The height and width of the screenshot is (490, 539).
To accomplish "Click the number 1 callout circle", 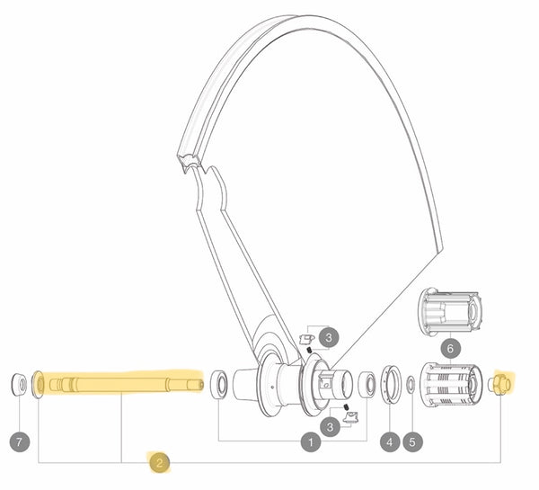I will (x=312, y=441).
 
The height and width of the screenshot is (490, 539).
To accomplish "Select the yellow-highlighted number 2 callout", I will (x=159, y=463).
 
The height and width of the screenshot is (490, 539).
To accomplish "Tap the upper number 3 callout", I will (x=330, y=338).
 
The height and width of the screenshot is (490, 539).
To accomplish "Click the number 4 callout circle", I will (x=389, y=441).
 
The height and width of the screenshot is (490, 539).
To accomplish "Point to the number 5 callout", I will (x=412, y=441).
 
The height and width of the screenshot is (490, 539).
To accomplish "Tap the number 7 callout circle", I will (x=20, y=441).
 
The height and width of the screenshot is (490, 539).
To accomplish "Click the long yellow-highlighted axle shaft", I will (x=121, y=385).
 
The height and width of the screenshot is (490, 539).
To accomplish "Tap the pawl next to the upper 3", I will (x=304, y=339).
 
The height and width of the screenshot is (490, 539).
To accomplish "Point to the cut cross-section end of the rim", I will (x=190, y=162).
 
